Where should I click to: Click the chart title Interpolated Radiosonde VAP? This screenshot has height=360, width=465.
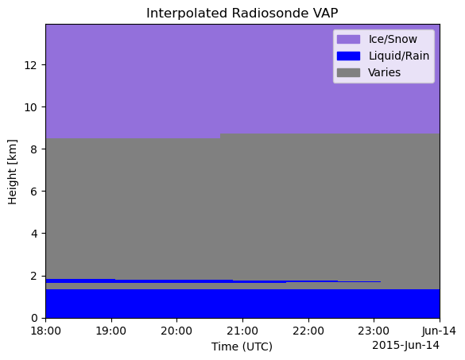click(242, 13)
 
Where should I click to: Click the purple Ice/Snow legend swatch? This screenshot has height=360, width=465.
click(348, 39)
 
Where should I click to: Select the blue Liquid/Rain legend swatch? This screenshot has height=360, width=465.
click(348, 56)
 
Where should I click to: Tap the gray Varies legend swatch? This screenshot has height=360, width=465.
click(348, 72)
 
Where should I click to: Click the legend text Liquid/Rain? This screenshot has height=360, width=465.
click(399, 56)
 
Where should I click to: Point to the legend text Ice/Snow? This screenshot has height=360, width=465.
click(393, 39)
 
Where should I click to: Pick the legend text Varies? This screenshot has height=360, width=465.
click(385, 72)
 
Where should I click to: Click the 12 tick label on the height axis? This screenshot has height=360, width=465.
click(31, 64)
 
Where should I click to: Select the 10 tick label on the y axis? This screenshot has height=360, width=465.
click(31, 107)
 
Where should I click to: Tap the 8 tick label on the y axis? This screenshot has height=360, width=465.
click(34, 149)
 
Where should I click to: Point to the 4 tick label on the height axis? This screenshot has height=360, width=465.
click(34, 234)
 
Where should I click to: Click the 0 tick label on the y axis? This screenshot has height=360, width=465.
click(34, 318)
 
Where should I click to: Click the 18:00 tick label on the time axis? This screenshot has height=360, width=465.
click(46, 331)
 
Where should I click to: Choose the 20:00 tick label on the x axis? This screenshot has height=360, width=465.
click(176, 331)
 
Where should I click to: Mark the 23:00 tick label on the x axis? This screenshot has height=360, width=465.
click(374, 331)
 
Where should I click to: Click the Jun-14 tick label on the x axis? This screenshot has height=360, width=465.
click(440, 331)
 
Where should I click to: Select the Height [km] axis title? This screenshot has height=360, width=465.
click(13, 172)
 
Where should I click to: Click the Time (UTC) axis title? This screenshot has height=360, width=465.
click(242, 346)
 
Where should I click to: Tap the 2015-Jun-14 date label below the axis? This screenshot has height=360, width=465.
click(405, 345)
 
